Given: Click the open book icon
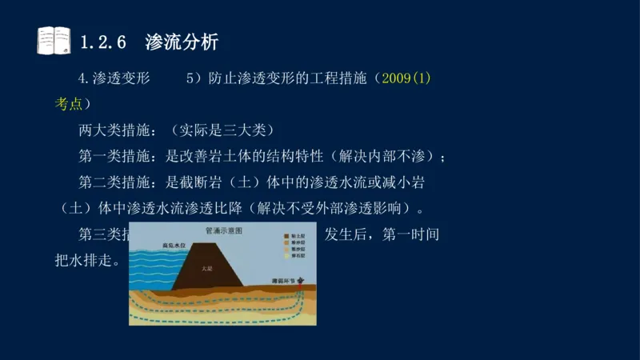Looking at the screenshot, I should point(54,41).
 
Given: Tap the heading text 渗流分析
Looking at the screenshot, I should point(182,42).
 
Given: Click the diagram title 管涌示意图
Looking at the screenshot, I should point(223,230).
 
